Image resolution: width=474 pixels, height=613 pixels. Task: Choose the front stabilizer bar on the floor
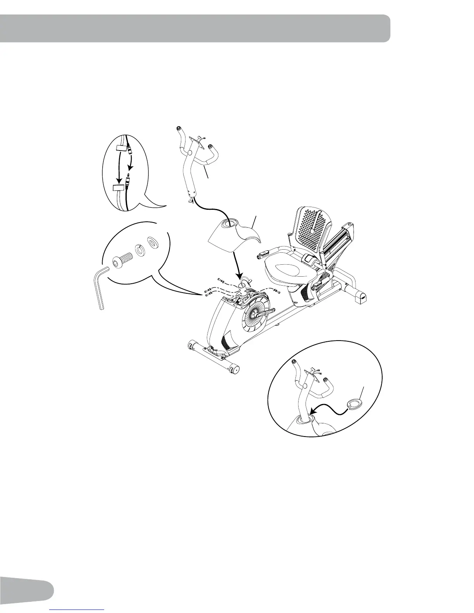[213, 355]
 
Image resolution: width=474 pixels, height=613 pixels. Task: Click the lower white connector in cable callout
[118, 188]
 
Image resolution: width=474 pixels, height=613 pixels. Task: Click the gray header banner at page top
[194, 28]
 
